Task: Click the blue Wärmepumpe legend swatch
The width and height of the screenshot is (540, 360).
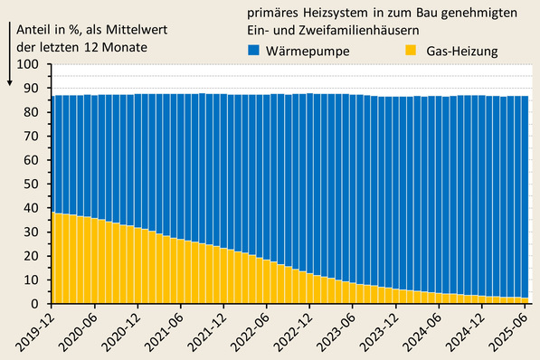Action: tap(254, 52)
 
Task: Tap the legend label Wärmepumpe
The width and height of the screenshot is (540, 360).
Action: tap(306, 52)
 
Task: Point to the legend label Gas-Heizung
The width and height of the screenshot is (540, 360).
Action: tap(463, 52)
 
